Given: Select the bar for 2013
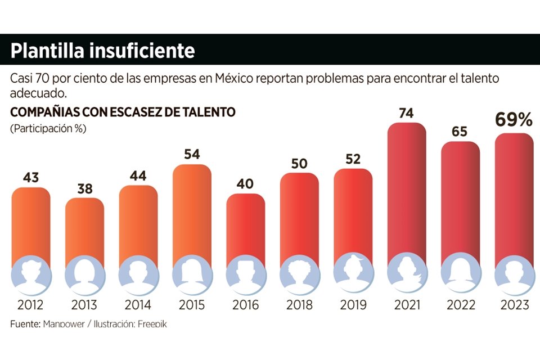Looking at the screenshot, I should click(84, 231).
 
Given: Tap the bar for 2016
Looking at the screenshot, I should click(245, 228).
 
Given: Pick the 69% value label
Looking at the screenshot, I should click(513, 120).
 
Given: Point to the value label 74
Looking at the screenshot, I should click(406, 113).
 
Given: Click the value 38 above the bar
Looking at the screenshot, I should click(84, 189).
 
